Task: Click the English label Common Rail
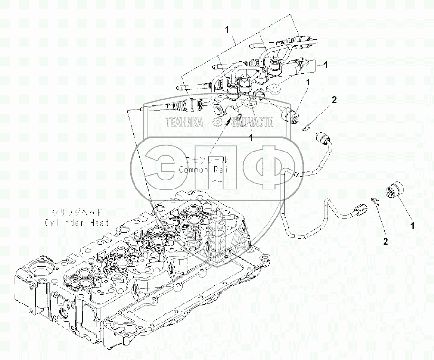tap(205, 170)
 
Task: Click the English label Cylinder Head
tap(77, 222)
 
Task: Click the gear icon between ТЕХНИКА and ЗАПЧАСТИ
tap(217, 123)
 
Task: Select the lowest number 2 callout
tap(386, 241)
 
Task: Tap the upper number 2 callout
tap(334, 100)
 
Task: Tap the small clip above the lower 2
tap(374, 200)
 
